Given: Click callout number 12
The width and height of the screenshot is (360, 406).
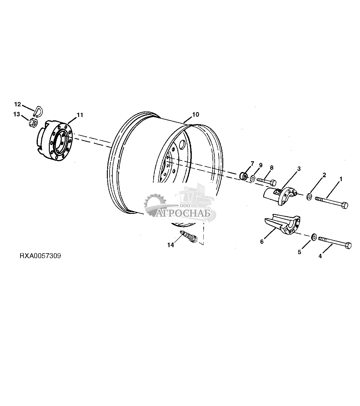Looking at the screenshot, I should click(x=17, y=104).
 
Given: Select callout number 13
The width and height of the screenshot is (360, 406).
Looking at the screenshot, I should click(x=16, y=114).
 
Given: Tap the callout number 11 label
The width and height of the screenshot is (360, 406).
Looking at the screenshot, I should click(x=80, y=115).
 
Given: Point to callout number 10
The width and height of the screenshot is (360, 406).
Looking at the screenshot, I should click(x=195, y=115).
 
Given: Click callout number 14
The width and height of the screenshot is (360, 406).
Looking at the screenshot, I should click(x=170, y=245).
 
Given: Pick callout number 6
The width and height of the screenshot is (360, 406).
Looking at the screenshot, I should click(x=262, y=241).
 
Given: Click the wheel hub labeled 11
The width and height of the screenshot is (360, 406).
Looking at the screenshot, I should click(x=56, y=140).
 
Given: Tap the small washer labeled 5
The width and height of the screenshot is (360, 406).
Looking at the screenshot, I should click(x=313, y=237).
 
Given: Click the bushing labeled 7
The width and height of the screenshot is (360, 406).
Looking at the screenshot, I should click(x=243, y=176).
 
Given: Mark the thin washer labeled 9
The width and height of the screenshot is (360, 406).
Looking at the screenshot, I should click(x=253, y=178).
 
